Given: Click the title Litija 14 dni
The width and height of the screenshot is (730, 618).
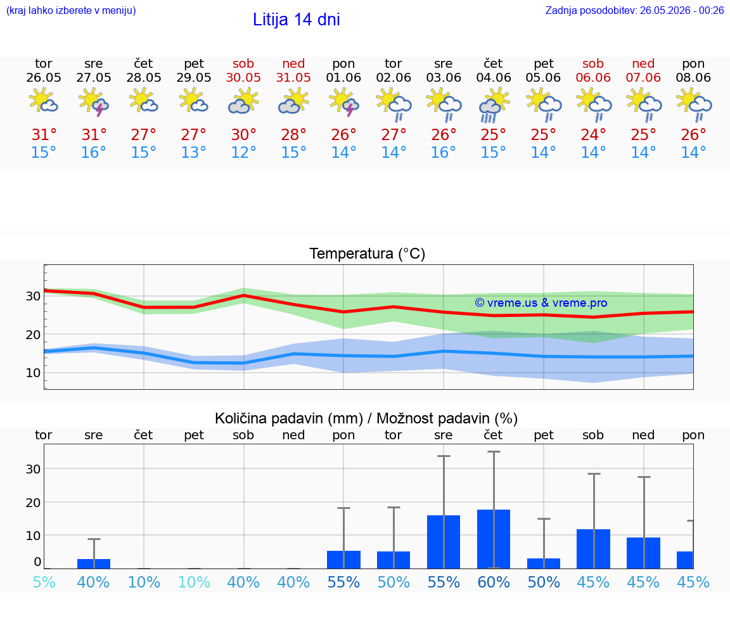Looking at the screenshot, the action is click(x=296, y=20).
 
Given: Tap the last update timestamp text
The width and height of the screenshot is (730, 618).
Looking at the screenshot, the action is click(x=634, y=10).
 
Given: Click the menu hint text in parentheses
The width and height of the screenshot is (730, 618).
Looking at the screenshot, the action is click(x=71, y=10).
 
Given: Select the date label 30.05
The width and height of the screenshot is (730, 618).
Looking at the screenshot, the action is click(x=243, y=77).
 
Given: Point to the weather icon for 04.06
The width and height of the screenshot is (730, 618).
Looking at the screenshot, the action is click(x=494, y=106).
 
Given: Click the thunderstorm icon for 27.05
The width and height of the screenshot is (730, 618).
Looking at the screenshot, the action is click(x=94, y=103).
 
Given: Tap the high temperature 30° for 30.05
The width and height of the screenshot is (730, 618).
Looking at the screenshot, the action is click(x=243, y=134).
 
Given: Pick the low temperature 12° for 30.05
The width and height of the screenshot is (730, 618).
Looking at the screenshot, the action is click(x=243, y=152).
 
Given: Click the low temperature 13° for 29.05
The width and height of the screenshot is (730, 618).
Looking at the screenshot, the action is click(x=193, y=152).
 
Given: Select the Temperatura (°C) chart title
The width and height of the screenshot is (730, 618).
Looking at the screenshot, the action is click(x=368, y=254).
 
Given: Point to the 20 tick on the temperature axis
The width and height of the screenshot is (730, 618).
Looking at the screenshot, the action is click(x=32, y=335).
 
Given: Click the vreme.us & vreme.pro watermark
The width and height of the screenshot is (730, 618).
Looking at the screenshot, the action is click(x=541, y=303).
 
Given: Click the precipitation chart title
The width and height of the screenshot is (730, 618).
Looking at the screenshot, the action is click(x=366, y=418).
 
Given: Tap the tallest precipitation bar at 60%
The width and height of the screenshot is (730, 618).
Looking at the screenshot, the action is click(x=494, y=539).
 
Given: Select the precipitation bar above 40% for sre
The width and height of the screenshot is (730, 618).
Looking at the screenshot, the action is click(x=94, y=563).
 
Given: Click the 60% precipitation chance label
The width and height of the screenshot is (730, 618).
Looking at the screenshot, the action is click(x=494, y=582).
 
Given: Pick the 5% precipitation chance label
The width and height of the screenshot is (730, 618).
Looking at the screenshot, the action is click(x=44, y=582).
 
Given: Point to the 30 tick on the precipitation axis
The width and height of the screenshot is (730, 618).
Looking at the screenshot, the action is click(x=32, y=469).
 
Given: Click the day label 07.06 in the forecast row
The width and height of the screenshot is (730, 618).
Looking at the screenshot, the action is click(x=643, y=77).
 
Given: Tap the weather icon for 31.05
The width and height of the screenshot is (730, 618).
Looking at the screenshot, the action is click(x=293, y=103).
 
